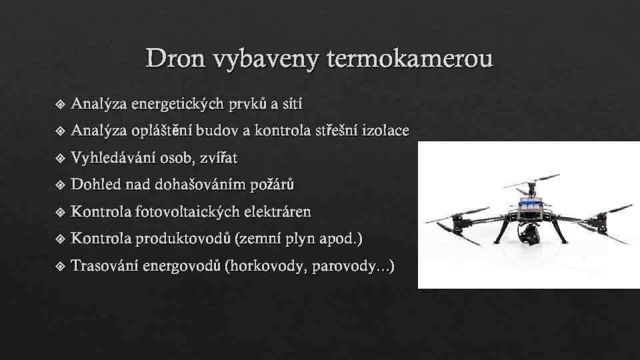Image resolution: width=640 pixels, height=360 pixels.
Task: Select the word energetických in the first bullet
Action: pos(178,104)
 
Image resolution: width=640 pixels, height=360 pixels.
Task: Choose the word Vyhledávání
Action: pos(111,158)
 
